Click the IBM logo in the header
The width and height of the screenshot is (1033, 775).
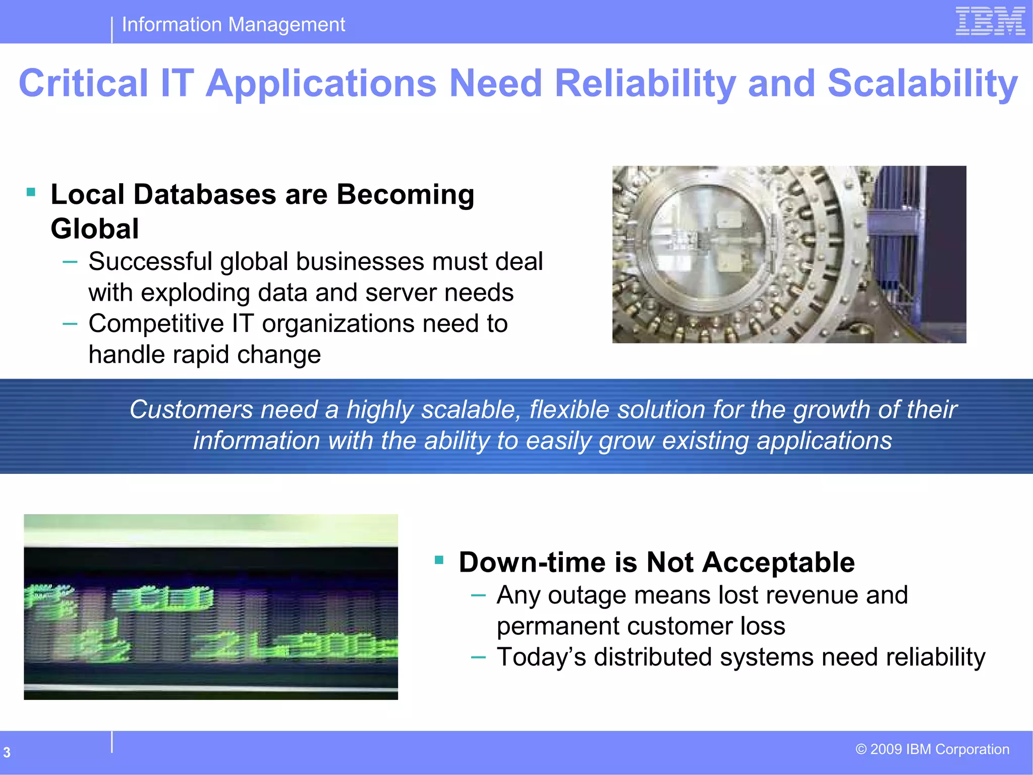[x=990, y=21]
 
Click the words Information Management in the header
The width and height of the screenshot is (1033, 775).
[x=234, y=25]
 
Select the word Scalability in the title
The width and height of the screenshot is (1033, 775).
[x=923, y=83]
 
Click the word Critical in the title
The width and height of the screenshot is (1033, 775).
[x=83, y=83]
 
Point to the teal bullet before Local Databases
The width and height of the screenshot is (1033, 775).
[x=31, y=192]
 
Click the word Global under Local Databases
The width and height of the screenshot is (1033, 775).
[x=95, y=229]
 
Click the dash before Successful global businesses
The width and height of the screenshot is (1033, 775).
[x=70, y=261]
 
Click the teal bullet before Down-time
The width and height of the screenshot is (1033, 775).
[x=439, y=560]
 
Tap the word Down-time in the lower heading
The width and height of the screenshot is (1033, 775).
[x=532, y=563]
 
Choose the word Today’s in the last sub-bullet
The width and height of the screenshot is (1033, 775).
[x=541, y=657]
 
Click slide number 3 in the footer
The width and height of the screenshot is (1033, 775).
[x=7, y=752]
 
